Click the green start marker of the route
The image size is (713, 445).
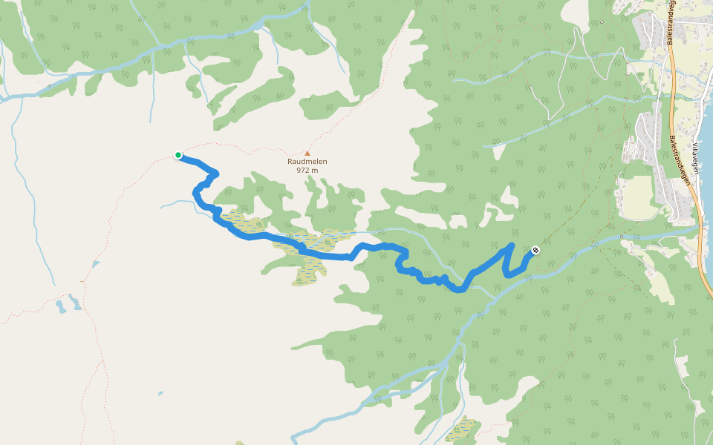[x=178, y=155]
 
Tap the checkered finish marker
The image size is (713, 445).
[x=535, y=250]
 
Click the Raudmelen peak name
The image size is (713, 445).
[x=307, y=161]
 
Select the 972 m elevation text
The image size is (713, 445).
[x=307, y=170]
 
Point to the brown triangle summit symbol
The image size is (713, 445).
[x=307, y=154]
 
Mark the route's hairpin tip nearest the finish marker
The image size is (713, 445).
[x=512, y=245]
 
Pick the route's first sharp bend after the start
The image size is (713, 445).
[x=215, y=174]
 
